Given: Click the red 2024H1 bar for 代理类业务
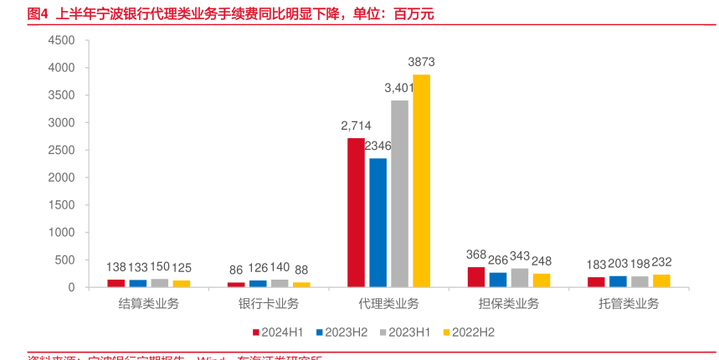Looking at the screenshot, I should click(356, 213).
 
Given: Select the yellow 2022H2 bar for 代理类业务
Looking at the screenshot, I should click(421, 181).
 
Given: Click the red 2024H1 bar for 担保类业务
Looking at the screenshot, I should click(475, 277).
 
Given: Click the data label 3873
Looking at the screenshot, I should click(421, 62).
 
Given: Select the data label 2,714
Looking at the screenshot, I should click(356, 126).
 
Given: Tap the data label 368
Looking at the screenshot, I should click(475, 255).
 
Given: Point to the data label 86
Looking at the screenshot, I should click(236, 269).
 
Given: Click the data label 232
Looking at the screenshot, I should click(660, 262).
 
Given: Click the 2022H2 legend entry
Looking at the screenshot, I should click(468, 332).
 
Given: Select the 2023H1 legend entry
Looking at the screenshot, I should click(406, 332).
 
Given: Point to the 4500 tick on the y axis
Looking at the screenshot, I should click(61, 40).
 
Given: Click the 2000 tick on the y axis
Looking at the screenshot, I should click(61, 177).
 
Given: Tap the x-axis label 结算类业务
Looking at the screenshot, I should click(149, 303).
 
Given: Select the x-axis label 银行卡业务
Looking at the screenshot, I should click(269, 303).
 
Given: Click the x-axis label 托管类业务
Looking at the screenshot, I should click(629, 303).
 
